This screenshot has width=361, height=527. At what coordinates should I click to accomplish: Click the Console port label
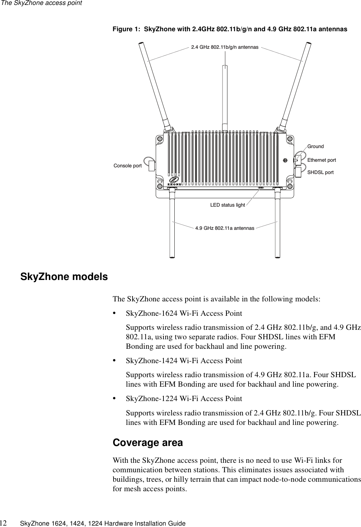128,166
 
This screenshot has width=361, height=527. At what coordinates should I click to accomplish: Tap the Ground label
315,146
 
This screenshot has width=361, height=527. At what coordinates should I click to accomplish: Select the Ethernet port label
321,160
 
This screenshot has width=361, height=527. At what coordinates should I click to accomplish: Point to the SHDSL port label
320,173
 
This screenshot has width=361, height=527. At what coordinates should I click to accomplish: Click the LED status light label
227,205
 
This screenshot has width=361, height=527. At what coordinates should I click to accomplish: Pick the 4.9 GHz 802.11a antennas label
225,228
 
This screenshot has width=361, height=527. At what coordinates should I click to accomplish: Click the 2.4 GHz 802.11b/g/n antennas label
225,47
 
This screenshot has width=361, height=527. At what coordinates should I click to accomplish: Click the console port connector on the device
152,166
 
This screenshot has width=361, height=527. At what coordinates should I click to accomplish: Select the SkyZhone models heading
64,277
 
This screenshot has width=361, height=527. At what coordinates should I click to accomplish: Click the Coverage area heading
148,443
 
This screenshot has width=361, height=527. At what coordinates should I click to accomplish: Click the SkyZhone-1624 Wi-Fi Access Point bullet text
184,313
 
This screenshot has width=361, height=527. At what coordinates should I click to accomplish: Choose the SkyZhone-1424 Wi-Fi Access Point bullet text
184,361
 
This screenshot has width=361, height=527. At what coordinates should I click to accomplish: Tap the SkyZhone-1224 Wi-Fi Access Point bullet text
184,399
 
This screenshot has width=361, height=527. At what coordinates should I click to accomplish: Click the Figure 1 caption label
230,29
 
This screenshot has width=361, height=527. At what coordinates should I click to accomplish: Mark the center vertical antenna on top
225,95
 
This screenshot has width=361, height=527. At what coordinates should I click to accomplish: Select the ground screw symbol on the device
285,160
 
